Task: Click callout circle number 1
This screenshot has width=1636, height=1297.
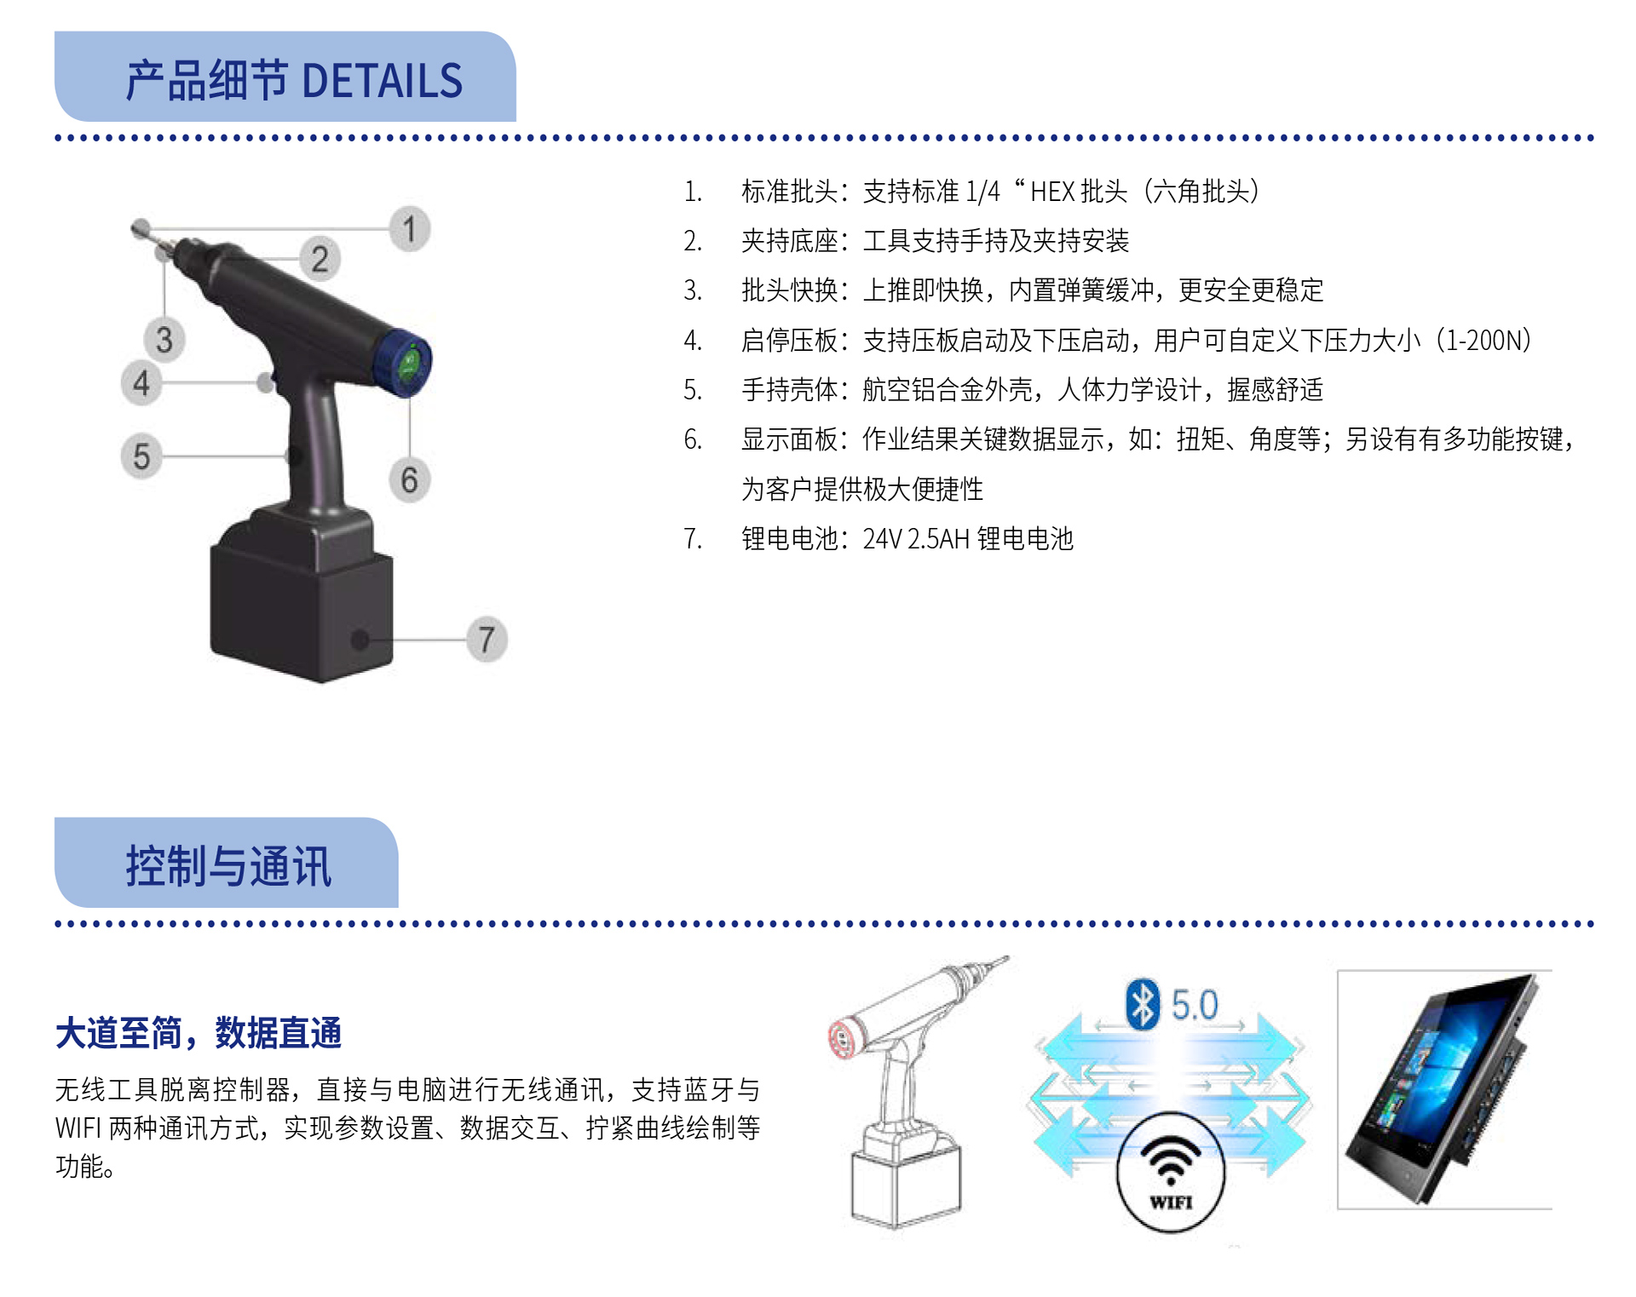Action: pyautogui.click(x=410, y=229)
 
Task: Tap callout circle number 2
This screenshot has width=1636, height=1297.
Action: pyautogui.click(x=320, y=259)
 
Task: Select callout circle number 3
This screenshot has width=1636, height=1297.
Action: pyautogui.click(x=164, y=340)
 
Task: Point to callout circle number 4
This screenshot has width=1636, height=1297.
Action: pyautogui.click(x=141, y=382)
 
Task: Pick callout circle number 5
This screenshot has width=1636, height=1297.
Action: pyautogui.click(x=141, y=456)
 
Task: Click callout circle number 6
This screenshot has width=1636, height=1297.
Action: pyautogui.click(x=410, y=479)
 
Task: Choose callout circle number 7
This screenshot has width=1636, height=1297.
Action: pyautogui.click(x=487, y=639)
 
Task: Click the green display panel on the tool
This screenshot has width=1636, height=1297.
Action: pyautogui.click(x=409, y=364)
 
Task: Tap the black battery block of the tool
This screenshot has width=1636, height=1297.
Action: pyautogui.click(x=302, y=609)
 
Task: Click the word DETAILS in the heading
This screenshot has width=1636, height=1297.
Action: pyautogui.click(x=382, y=82)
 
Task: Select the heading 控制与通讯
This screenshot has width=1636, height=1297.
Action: pyautogui.click(x=228, y=867)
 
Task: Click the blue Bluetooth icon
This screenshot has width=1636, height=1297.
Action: pyautogui.click(x=1143, y=1004)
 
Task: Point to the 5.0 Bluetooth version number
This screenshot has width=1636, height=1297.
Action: pyautogui.click(x=1195, y=1005)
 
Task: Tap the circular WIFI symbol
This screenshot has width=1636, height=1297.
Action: pyautogui.click(x=1171, y=1172)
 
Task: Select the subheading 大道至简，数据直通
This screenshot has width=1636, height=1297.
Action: pyautogui.click(x=199, y=1033)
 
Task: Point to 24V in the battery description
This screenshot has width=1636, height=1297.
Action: pyautogui.click(x=882, y=539)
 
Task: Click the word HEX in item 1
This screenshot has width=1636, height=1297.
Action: pyautogui.click(x=1052, y=192)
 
